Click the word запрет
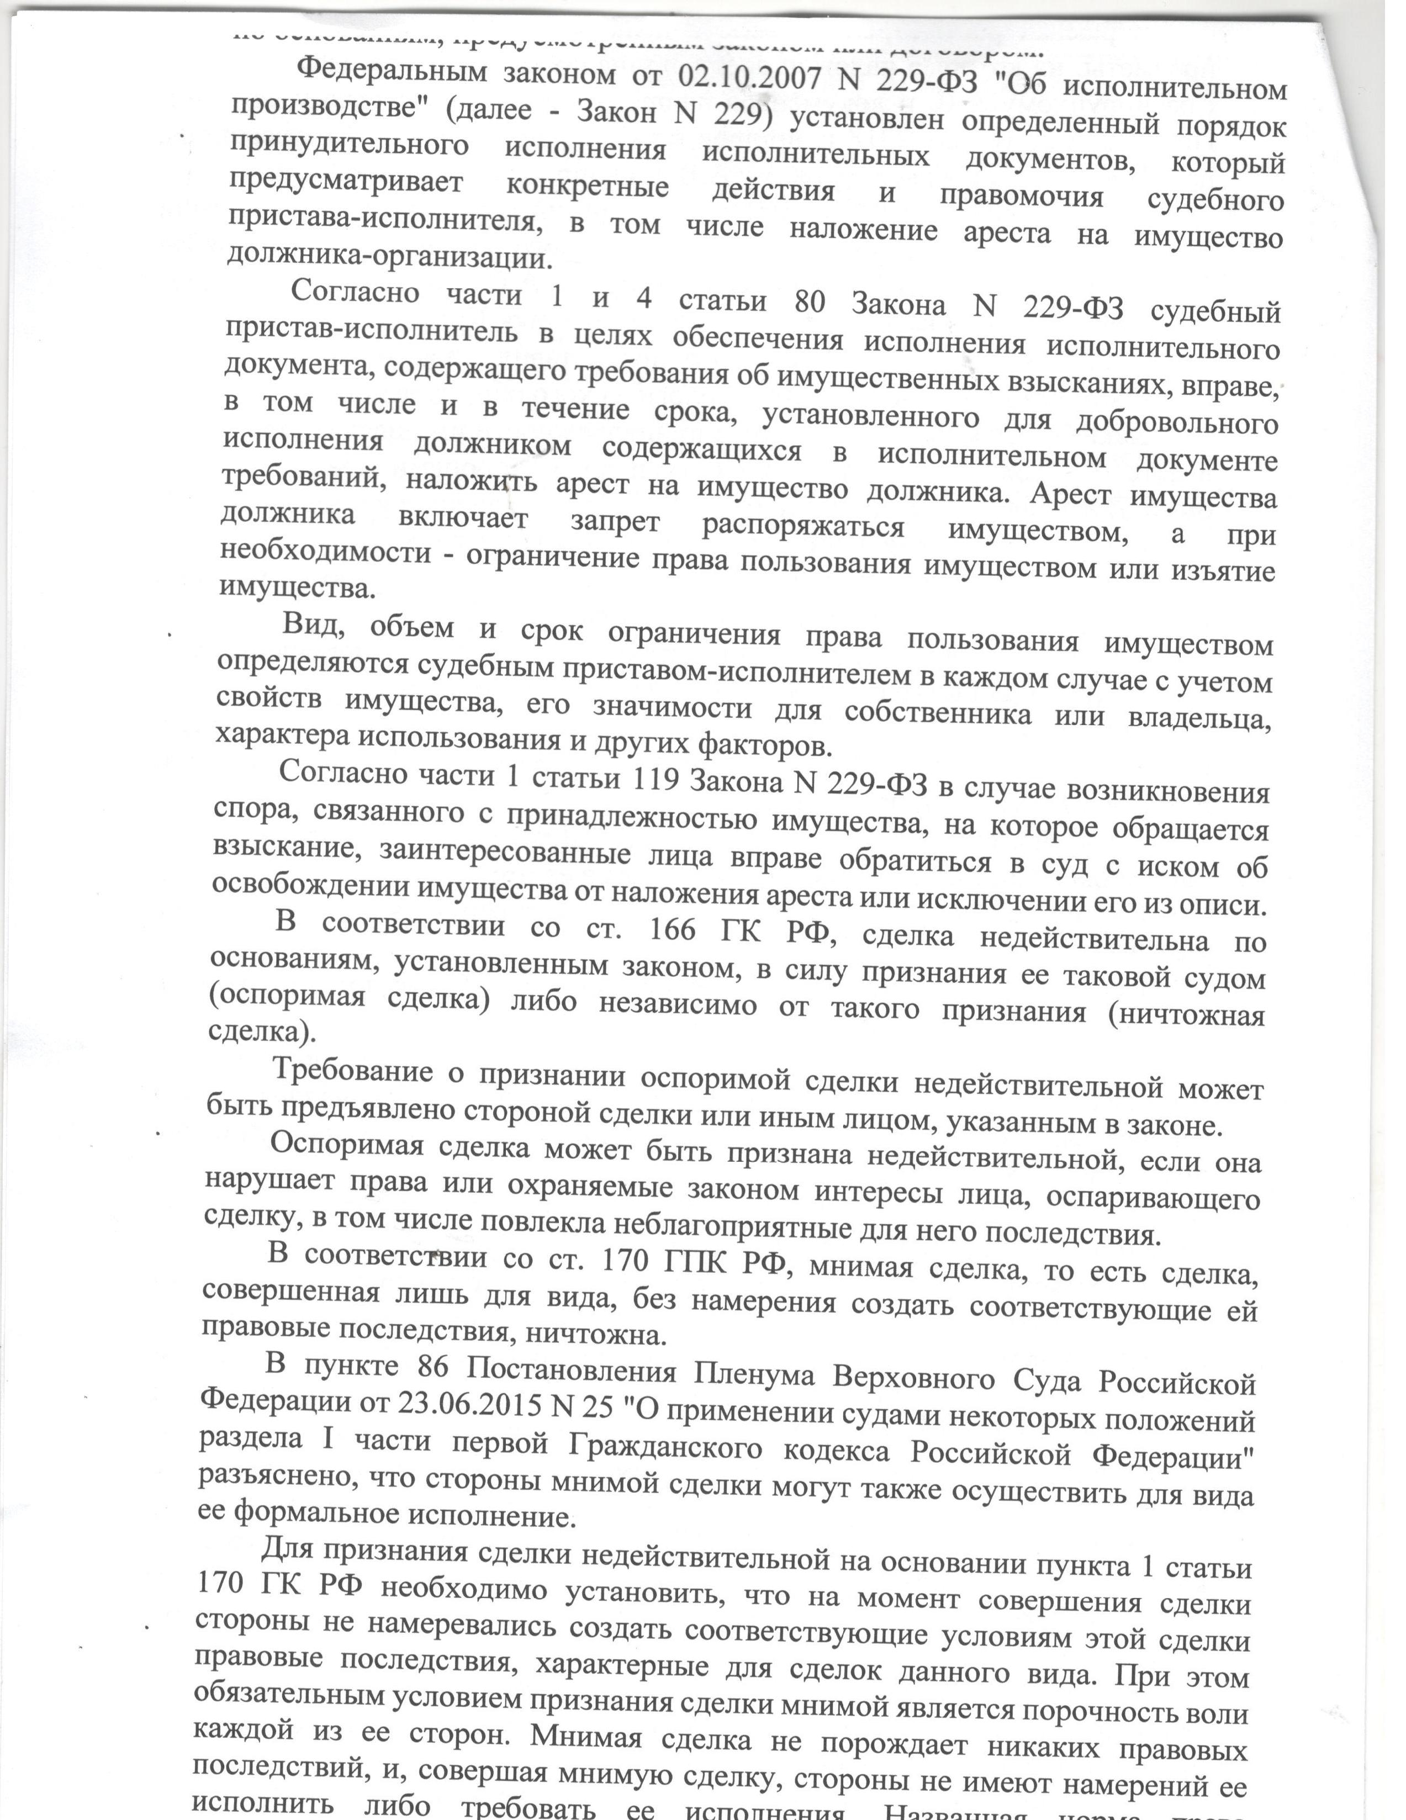click(x=615, y=522)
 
